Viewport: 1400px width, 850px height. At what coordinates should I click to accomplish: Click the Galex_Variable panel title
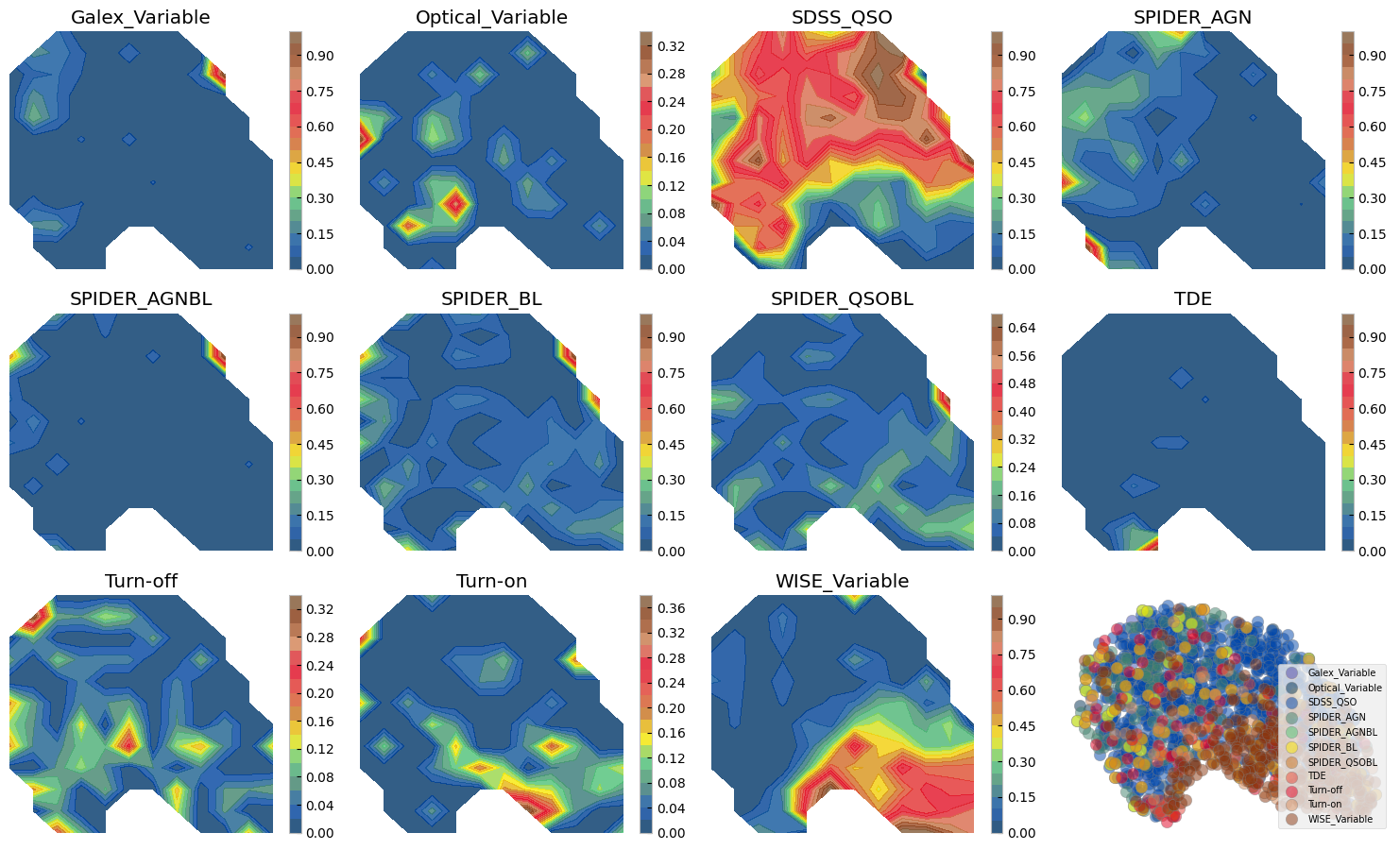(x=141, y=18)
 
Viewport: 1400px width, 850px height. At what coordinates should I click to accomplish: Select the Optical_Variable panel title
(x=491, y=18)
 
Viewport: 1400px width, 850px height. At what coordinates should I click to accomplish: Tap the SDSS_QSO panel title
(x=842, y=18)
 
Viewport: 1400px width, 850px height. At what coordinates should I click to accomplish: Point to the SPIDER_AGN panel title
(x=1192, y=18)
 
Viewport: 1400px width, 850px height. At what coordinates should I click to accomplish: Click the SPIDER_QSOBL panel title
(x=842, y=299)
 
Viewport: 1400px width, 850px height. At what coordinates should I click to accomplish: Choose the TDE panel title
(x=1192, y=299)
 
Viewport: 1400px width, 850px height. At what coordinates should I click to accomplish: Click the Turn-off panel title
(x=141, y=581)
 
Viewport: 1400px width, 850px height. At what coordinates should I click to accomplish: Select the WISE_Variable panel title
(x=842, y=581)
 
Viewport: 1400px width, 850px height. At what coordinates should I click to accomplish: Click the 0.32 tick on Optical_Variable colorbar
(x=671, y=46)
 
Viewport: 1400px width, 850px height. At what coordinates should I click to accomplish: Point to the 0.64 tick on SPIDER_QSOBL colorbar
(x=1021, y=328)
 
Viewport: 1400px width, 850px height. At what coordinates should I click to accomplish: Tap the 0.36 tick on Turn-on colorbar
(x=671, y=608)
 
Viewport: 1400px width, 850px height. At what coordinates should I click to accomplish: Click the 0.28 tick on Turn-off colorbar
(x=319, y=637)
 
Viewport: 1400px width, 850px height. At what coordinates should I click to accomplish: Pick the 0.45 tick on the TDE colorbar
(x=1372, y=445)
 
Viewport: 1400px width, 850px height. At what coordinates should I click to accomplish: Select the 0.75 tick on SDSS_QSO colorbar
(x=1021, y=92)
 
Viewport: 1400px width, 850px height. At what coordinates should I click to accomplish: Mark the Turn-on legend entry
(x=1324, y=805)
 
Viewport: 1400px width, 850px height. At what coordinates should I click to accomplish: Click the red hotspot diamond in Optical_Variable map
(x=456, y=202)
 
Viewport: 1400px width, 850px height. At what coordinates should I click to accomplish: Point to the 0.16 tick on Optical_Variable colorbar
(x=671, y=158)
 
